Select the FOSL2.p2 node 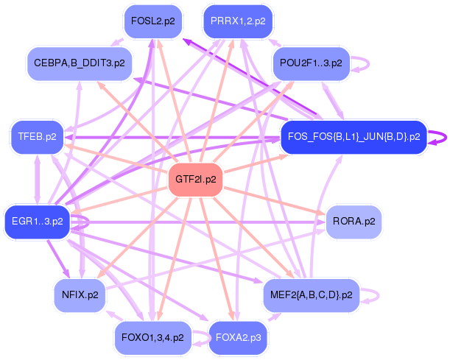tap(152, 21)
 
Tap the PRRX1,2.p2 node tap(238, 21)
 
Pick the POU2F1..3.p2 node tap(311, 63)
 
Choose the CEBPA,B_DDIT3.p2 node tap(79, 63)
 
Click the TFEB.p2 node tap(38, 137)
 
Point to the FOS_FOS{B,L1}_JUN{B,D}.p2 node tap(354, 137)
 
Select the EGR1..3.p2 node tap(37, 220)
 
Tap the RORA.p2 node tap(354, 220)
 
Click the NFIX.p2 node tap(80, 294)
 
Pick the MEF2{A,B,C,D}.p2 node tap(310, 294)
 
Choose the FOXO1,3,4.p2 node tap(152, 337)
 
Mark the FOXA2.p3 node tap(238, 337)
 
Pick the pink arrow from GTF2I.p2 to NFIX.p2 tap(140, 235)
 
